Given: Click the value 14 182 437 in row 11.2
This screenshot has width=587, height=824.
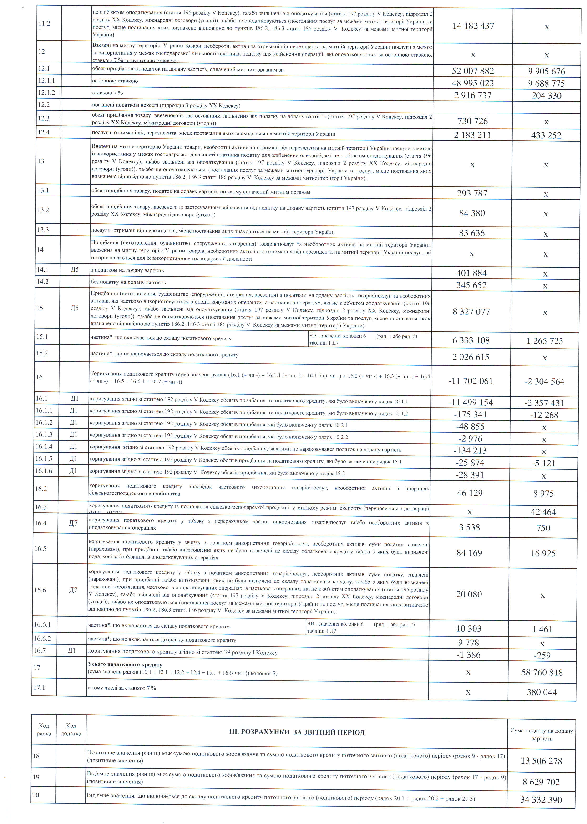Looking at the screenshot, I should coord(473,26).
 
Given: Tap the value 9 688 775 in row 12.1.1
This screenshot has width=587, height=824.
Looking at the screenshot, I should coord(546,83).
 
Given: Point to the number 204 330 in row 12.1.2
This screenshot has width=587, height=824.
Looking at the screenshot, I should coord(546,96).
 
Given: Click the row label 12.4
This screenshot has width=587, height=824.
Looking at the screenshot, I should coord(44,132).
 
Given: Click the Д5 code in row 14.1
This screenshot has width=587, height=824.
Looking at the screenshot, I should coord(75,270).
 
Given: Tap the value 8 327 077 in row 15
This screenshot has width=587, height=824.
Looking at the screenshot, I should coord(471,312).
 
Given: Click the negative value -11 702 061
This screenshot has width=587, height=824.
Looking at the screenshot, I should coord(470,381).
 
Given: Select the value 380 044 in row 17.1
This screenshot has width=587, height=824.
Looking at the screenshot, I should coord(541,692).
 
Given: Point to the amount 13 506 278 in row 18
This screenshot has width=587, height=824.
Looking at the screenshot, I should coord(541,761).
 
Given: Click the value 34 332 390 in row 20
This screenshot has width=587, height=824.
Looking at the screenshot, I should coord(541,800).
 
